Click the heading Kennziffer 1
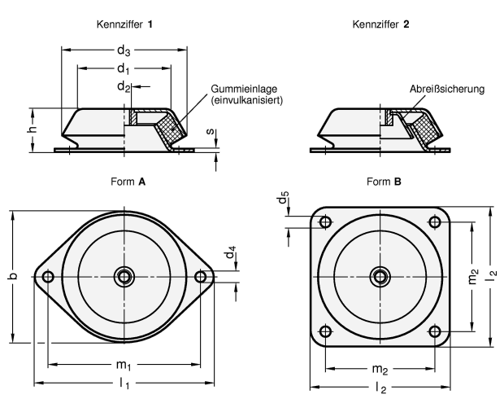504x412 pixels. pos(125,24)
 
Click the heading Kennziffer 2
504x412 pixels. pos(380,24)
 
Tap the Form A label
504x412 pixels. pos(127,182)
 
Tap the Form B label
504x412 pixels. pos(383,182)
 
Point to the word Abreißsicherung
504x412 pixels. pos(445,89)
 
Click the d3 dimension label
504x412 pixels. pos(124,52)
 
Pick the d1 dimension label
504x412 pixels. pos(124,69)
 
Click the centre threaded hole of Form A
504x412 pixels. pos(124,276)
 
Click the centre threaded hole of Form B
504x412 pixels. pos(380,276)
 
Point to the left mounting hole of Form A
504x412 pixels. pos(48,277)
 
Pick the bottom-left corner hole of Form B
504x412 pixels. pos(325,331)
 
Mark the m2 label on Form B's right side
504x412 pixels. pos(474,276)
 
